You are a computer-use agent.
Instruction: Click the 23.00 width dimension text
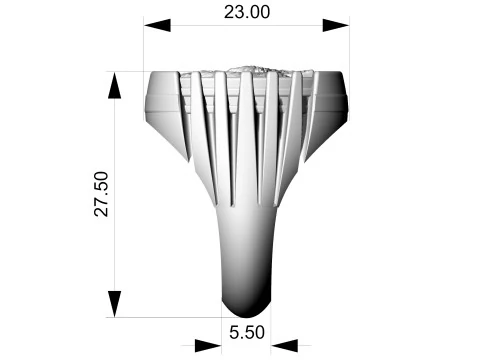pyautogui.click(x=247, y=12)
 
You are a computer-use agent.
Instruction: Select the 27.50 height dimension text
pyautogui.click(x=102, y=194)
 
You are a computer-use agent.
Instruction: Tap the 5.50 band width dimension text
pyautogui.click(x=247, y=332)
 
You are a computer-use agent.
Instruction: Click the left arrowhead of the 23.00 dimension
pyautogui.click(x=157, y=25)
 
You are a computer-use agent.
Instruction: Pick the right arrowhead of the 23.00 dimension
pyautogui.click(x=336, y=25)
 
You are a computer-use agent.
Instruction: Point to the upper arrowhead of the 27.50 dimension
pyautogui.click(x=115, y=85)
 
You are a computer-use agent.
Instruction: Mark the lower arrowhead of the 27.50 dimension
pyautogui.click(x=115, y=304)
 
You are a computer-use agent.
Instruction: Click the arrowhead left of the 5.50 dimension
pyautogui.click(x=208, y=346)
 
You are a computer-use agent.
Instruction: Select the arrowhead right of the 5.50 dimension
pyautogui.click(x=284, y=346)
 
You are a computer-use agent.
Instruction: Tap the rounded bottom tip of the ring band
pyautogui.click(x=246, y=312)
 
